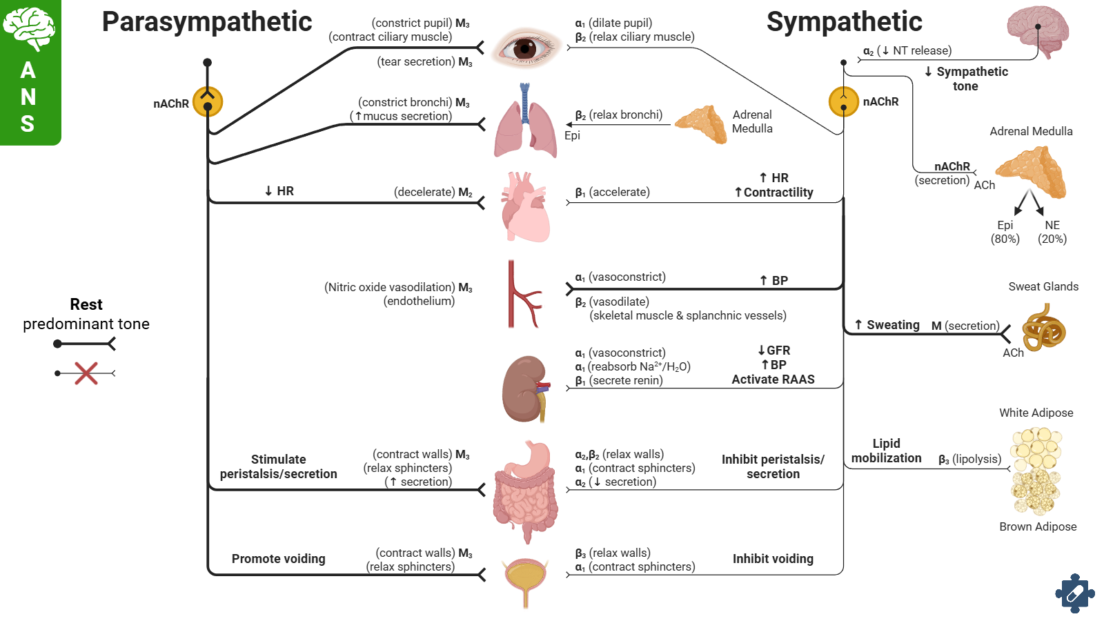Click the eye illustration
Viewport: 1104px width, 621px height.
tap(526, 48)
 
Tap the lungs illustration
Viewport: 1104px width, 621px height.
tap(525, 124)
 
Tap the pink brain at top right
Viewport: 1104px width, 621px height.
tap(1038, 31)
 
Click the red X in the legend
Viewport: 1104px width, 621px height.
tap(86, 373)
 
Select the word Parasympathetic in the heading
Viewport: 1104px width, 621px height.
tap(207, 22)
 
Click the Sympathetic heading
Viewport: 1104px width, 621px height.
tap(844, 22)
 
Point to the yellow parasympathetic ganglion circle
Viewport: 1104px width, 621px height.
tap(208, 101)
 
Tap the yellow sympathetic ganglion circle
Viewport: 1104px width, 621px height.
tap(843, 102)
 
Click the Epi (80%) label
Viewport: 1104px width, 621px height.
tap(1005, 233)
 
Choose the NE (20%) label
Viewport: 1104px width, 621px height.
tap(1052, 233)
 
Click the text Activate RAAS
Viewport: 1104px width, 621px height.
tap(773, 379)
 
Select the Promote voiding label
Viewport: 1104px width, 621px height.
tap(278, 559)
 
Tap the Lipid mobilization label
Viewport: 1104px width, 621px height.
tap(886, 451)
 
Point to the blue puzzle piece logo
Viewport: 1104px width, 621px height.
tap(1074, 593)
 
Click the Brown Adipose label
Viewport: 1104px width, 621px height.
tap(1038, 526)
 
